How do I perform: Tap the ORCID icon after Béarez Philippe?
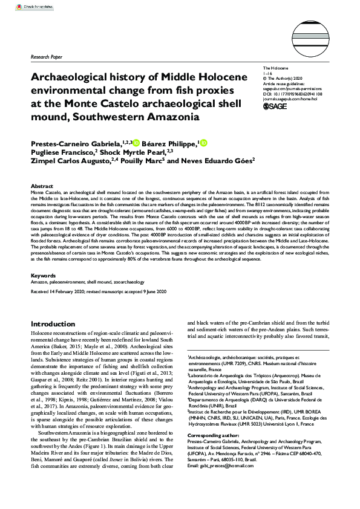(203, 143)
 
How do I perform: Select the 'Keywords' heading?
(43, 276)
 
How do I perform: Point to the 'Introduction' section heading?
(53, 325)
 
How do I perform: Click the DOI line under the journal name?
(292, 94)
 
